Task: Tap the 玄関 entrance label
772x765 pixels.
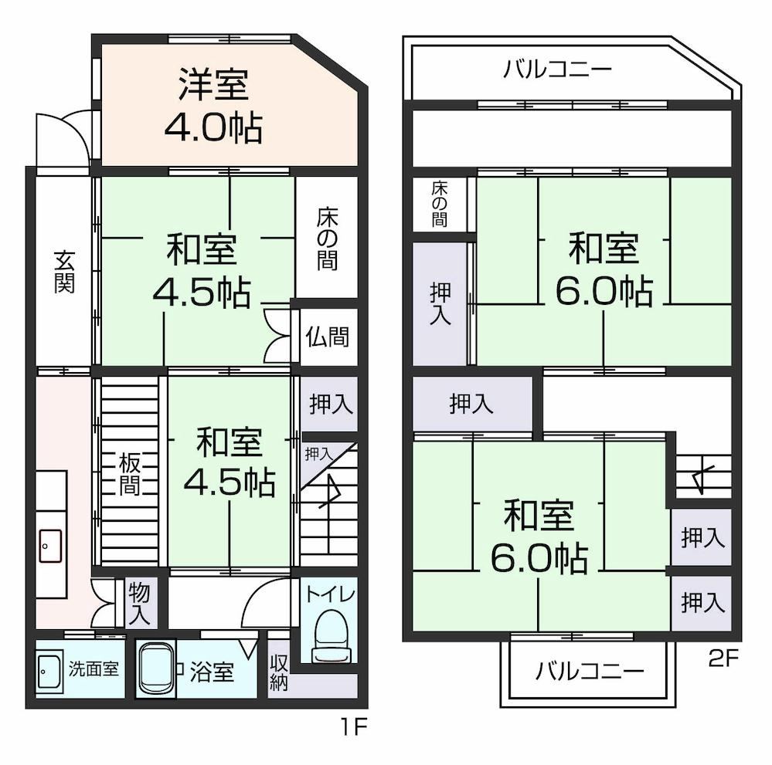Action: click(x=64, y=271)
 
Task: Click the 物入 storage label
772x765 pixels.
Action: click(x=139, y=602)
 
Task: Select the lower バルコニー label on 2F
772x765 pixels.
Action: click(x=589, y=670)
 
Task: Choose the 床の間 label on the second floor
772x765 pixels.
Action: click(x=438, y=204)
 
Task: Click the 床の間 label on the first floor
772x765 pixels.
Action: click(x=326, y=239)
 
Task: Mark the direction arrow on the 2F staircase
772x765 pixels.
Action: click(x=702, y=476)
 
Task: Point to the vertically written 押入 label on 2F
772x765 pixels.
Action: click(x=440, y=303)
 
